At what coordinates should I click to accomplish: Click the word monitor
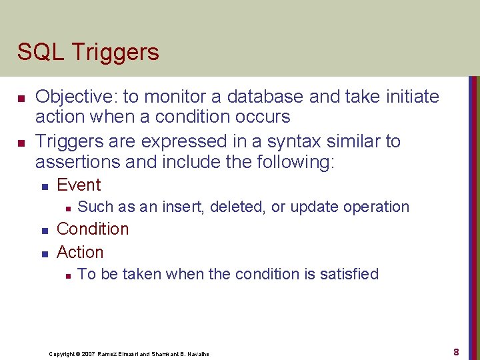tap(183, 97)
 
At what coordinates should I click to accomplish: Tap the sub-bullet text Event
tap(79, 185)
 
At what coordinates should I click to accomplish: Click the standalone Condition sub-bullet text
tap(93, 229)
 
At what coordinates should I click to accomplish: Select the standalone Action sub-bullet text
tap(80, 252)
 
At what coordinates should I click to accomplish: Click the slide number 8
tap(456, 351)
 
